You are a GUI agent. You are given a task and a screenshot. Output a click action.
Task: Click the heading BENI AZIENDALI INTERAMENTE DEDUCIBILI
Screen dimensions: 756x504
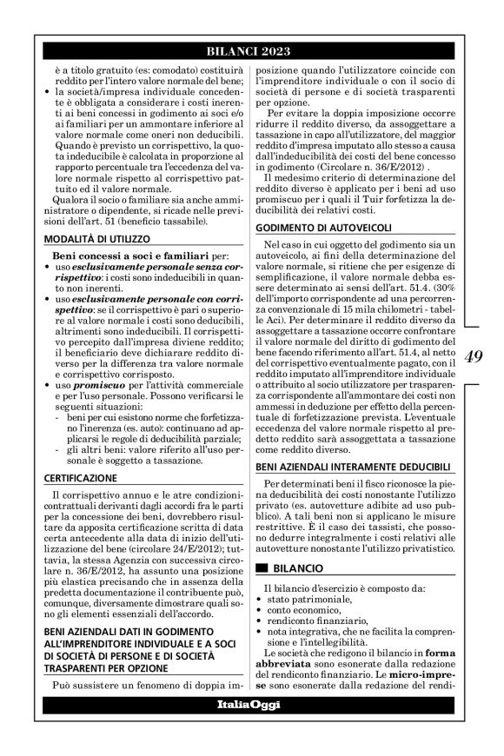click(x=358, y=467)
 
